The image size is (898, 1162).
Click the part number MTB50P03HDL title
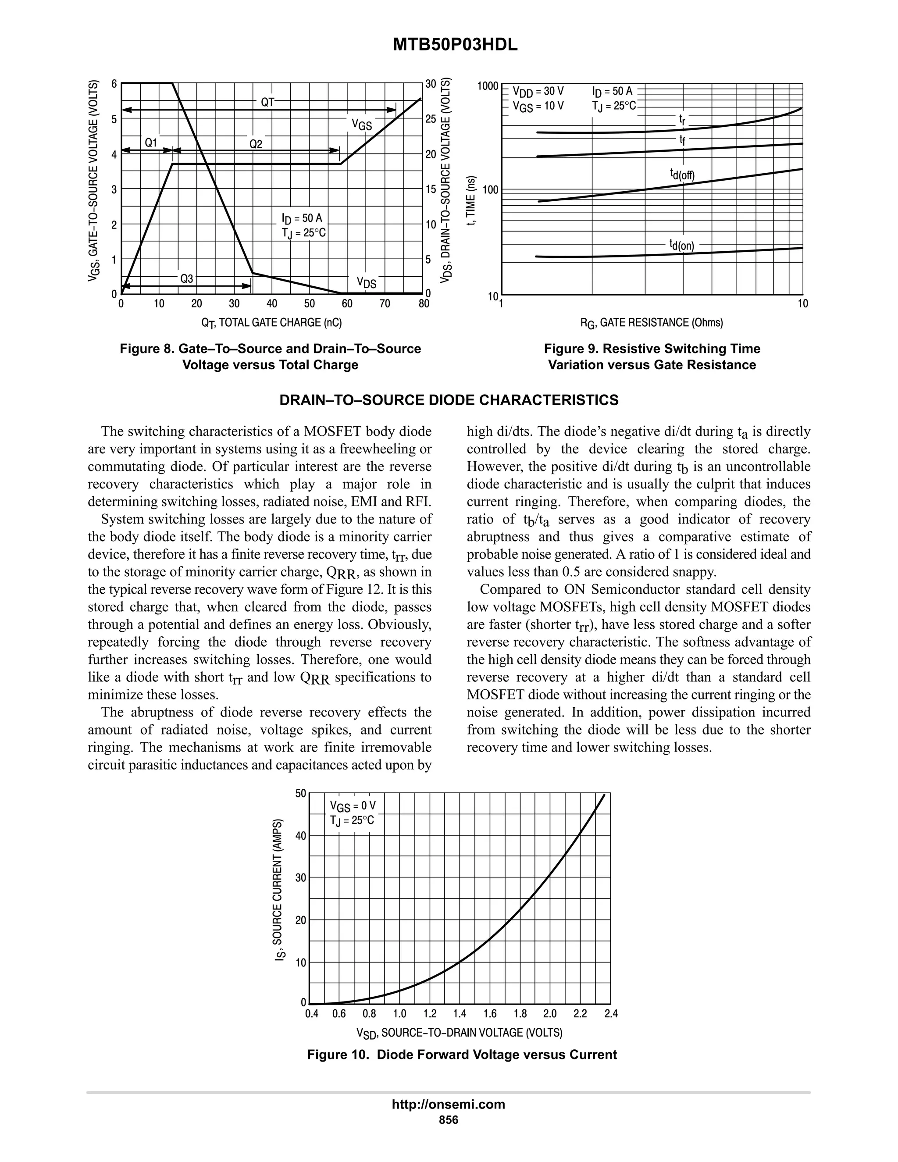(455, 46)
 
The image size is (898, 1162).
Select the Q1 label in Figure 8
(151, 143)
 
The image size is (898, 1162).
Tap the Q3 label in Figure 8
(187, 279)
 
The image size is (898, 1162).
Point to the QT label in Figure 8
(267, 102)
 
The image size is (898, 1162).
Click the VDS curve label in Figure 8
(366, 282)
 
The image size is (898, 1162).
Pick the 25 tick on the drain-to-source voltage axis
(431, 119)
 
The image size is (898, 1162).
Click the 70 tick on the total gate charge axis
(385, 304)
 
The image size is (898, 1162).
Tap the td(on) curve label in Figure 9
(681, 245)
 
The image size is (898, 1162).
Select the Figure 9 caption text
(652, 357)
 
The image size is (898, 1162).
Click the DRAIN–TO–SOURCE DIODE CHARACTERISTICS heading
(449, 400)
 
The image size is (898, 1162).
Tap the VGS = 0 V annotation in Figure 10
(352, 806)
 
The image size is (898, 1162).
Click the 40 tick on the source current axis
(300, 836)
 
